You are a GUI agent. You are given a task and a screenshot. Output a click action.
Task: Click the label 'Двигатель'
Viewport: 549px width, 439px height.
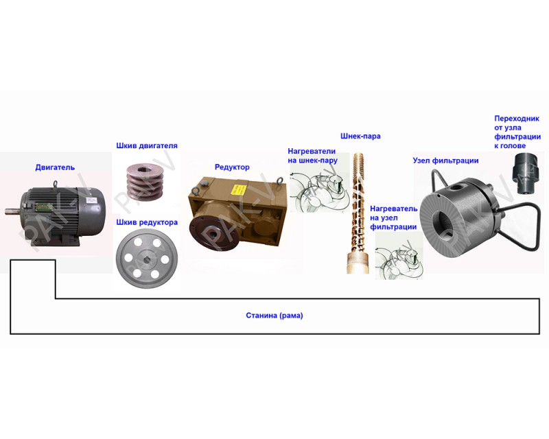[x=55, y=167]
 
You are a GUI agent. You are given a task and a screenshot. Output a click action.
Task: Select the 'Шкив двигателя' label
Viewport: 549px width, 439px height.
[x=147, y=145]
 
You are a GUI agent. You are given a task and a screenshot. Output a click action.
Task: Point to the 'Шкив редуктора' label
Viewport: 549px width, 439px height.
[x=147, y=222]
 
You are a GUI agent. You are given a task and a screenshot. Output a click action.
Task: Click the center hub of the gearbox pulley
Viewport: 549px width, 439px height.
[x=147, y=259]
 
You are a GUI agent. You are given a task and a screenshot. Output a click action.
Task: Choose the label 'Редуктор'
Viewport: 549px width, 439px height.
[x=232, y=167]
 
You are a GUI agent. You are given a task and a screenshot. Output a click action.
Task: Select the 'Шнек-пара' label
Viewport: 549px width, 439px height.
[x=360, y=137]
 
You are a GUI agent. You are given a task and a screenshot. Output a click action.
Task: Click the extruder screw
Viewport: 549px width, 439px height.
[x=358, y=213]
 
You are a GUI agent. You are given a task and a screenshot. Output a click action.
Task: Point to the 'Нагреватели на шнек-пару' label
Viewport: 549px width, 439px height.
[x=312, y=156]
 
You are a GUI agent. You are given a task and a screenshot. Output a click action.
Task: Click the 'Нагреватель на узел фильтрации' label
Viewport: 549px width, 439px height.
[x=393, y=217]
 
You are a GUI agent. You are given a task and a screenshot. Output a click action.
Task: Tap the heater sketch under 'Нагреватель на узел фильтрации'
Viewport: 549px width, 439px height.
[x=399, y=259]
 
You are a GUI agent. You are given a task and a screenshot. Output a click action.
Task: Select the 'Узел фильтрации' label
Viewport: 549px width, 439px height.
[x=445, y=161]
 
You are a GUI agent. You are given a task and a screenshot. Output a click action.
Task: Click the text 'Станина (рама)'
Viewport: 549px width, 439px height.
[x=274, y=316]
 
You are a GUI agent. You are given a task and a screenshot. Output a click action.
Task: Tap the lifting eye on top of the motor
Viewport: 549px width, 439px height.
[x=56, y=184]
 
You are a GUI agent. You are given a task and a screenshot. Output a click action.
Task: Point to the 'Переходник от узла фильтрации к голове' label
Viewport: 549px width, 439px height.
[x=517, y=132]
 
